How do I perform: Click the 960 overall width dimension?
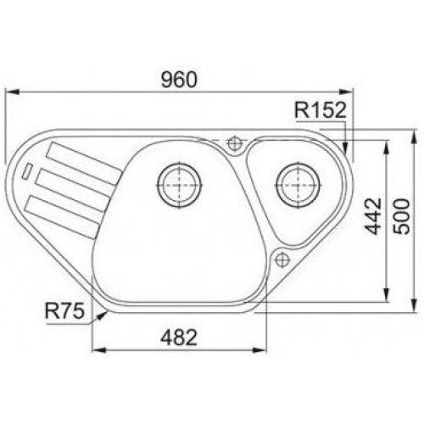coord(179,80)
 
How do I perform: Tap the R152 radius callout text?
coord(321,110)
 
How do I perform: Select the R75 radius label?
coord(64,310)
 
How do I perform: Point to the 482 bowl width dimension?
coord(179,338)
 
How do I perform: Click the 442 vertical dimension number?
coord(373,216)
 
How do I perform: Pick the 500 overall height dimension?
coord(402,216)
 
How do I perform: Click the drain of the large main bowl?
coord(179,185)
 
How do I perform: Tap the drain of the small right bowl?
coord(298,185)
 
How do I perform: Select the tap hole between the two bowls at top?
coord(234,143)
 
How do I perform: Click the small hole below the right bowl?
coord(282,259)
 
